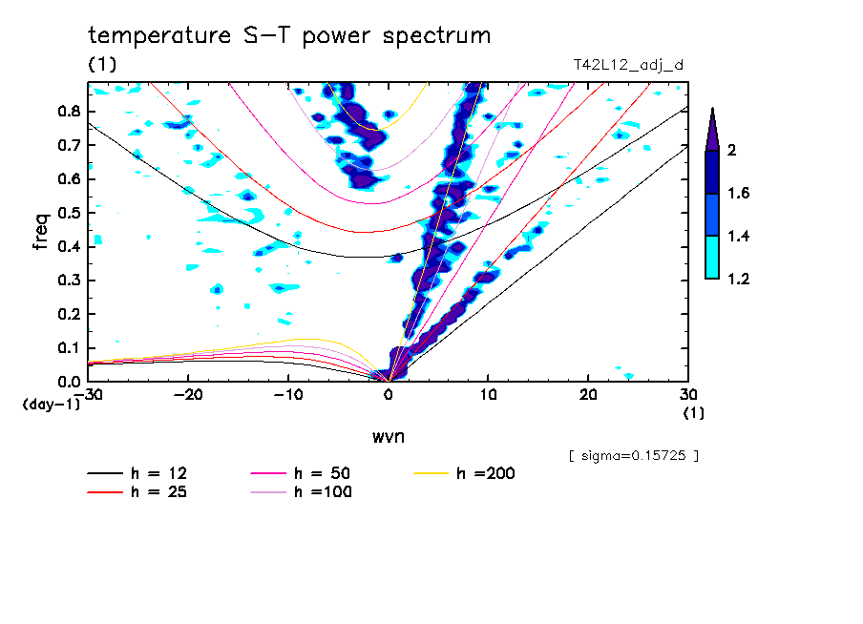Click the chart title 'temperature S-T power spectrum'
tap(289, 36)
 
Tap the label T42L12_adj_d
tap(627, 65)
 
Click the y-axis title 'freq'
tap(40, 232)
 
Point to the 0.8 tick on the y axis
tap(67, 112)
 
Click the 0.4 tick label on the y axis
tap(67, 246)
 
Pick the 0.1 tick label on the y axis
tap(67, 347)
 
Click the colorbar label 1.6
tap(739, 194)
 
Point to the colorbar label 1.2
tap(739, 279)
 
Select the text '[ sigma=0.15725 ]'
tap(633, 455)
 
